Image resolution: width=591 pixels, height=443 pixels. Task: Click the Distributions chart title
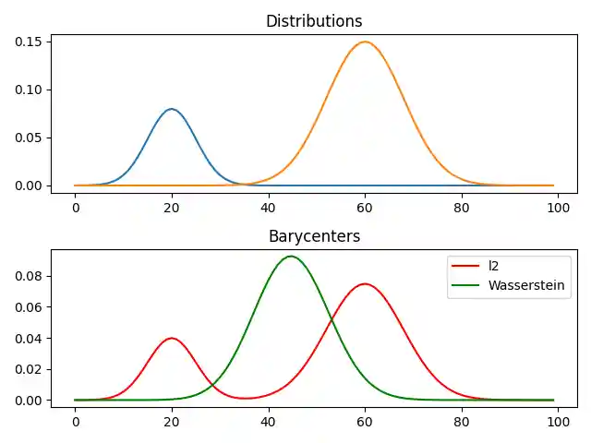(314, 21)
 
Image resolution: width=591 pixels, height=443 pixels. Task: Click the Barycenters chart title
(314, 236)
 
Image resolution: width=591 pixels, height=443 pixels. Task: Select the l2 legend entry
(494, 266)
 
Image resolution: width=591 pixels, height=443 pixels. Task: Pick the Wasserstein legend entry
(526, 285)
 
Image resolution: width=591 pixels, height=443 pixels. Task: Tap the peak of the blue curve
(172, 109)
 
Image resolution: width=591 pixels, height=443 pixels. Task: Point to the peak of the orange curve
(365, 42)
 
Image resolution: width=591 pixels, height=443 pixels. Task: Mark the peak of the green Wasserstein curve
(291, 257)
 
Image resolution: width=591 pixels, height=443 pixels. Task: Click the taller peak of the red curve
(365, 284)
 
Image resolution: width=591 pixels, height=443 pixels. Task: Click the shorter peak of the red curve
(172, 338)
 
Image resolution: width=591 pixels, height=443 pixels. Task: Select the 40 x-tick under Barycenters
(269, 422)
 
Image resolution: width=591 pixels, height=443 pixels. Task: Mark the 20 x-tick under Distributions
(172, 207)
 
